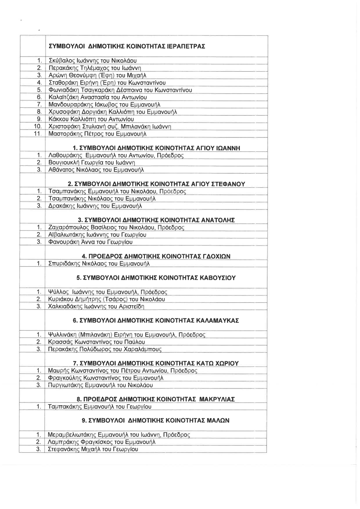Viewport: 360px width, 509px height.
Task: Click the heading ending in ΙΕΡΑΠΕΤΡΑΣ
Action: click(127, 46)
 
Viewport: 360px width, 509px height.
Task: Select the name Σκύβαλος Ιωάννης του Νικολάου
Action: click(92, 61)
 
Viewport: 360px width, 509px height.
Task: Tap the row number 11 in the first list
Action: click(37, 134)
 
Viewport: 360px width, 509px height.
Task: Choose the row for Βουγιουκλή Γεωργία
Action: click(91, 163)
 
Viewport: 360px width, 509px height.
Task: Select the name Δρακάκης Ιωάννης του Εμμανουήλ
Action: click(95, 206)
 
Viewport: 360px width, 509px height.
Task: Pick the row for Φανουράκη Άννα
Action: click(90, 242)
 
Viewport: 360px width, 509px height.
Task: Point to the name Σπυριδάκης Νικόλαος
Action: click(99, 264)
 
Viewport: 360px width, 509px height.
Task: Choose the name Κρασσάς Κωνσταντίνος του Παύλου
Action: click(96, 342)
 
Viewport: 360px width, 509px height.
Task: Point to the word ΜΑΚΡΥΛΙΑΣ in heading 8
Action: click(218, 399)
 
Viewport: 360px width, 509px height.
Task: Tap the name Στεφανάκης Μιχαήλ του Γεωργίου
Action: click(93, 449)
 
